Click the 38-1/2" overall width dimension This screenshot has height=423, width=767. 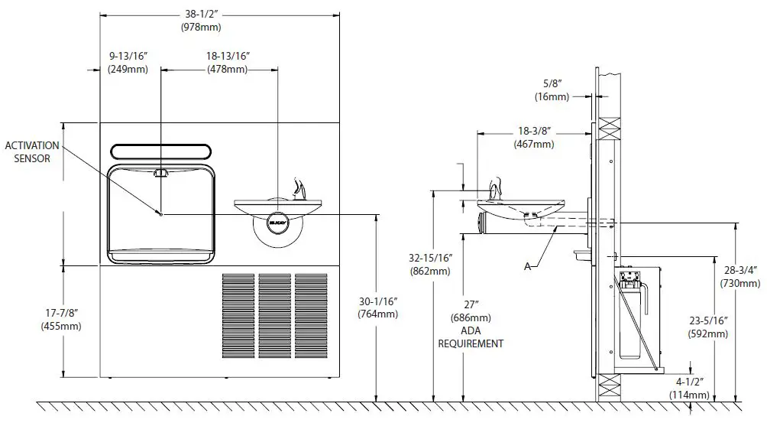[200, 21]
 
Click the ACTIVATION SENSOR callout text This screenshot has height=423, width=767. [28, 151]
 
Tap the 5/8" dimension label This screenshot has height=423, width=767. [552, 91]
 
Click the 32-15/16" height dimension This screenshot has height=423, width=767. [431, 265]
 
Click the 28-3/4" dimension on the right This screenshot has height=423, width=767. [739, 276]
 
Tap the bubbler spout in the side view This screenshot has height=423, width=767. [495, 187]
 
